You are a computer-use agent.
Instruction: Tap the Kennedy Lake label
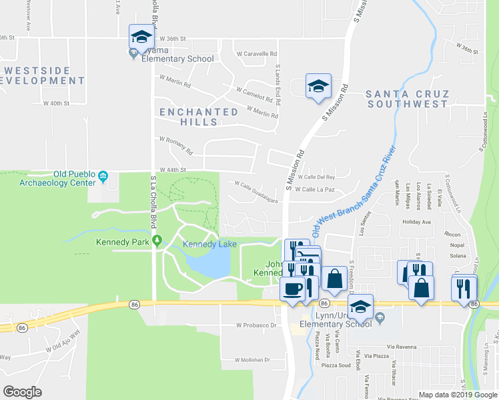point(210,245)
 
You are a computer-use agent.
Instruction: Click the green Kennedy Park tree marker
point(157,241)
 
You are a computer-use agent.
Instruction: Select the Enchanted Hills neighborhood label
point(199,117)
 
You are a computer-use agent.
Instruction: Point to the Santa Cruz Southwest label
point(407,99)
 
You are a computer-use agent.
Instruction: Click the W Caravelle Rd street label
point(256,53)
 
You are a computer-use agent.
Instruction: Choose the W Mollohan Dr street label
point(252,360)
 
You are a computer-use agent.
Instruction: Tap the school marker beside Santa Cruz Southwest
point(318,87)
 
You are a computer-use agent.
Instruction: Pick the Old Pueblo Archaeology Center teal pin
point(103,177)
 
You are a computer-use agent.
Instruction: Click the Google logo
point(23,392)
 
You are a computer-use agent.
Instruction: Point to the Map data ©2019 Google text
point(457,395)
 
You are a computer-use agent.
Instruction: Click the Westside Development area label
point(43,75)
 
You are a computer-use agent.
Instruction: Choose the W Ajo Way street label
point(63,341)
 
